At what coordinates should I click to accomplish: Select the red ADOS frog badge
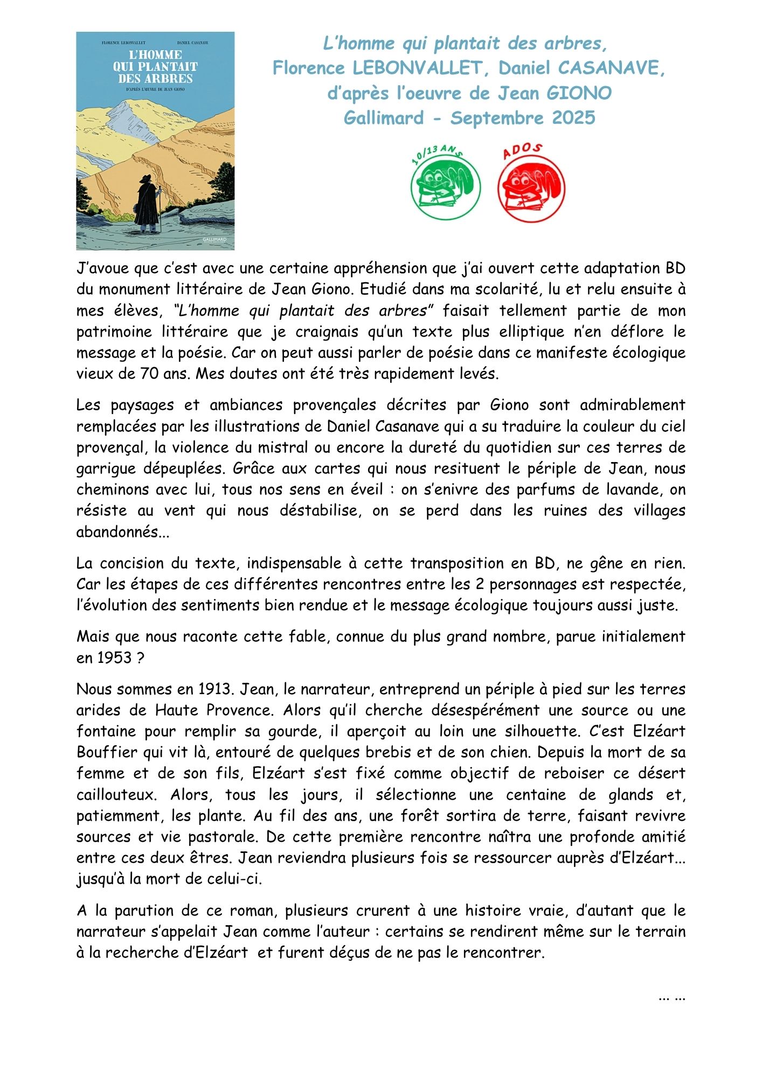coord(531,186)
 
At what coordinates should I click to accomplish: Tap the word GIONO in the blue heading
coord(579,93)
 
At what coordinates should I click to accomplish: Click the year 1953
coord(115,658)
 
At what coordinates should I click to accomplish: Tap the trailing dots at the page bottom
coord(671,996)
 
